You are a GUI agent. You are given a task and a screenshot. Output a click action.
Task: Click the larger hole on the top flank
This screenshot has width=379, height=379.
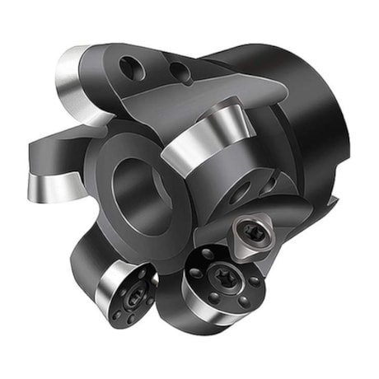tap(131, 69)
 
